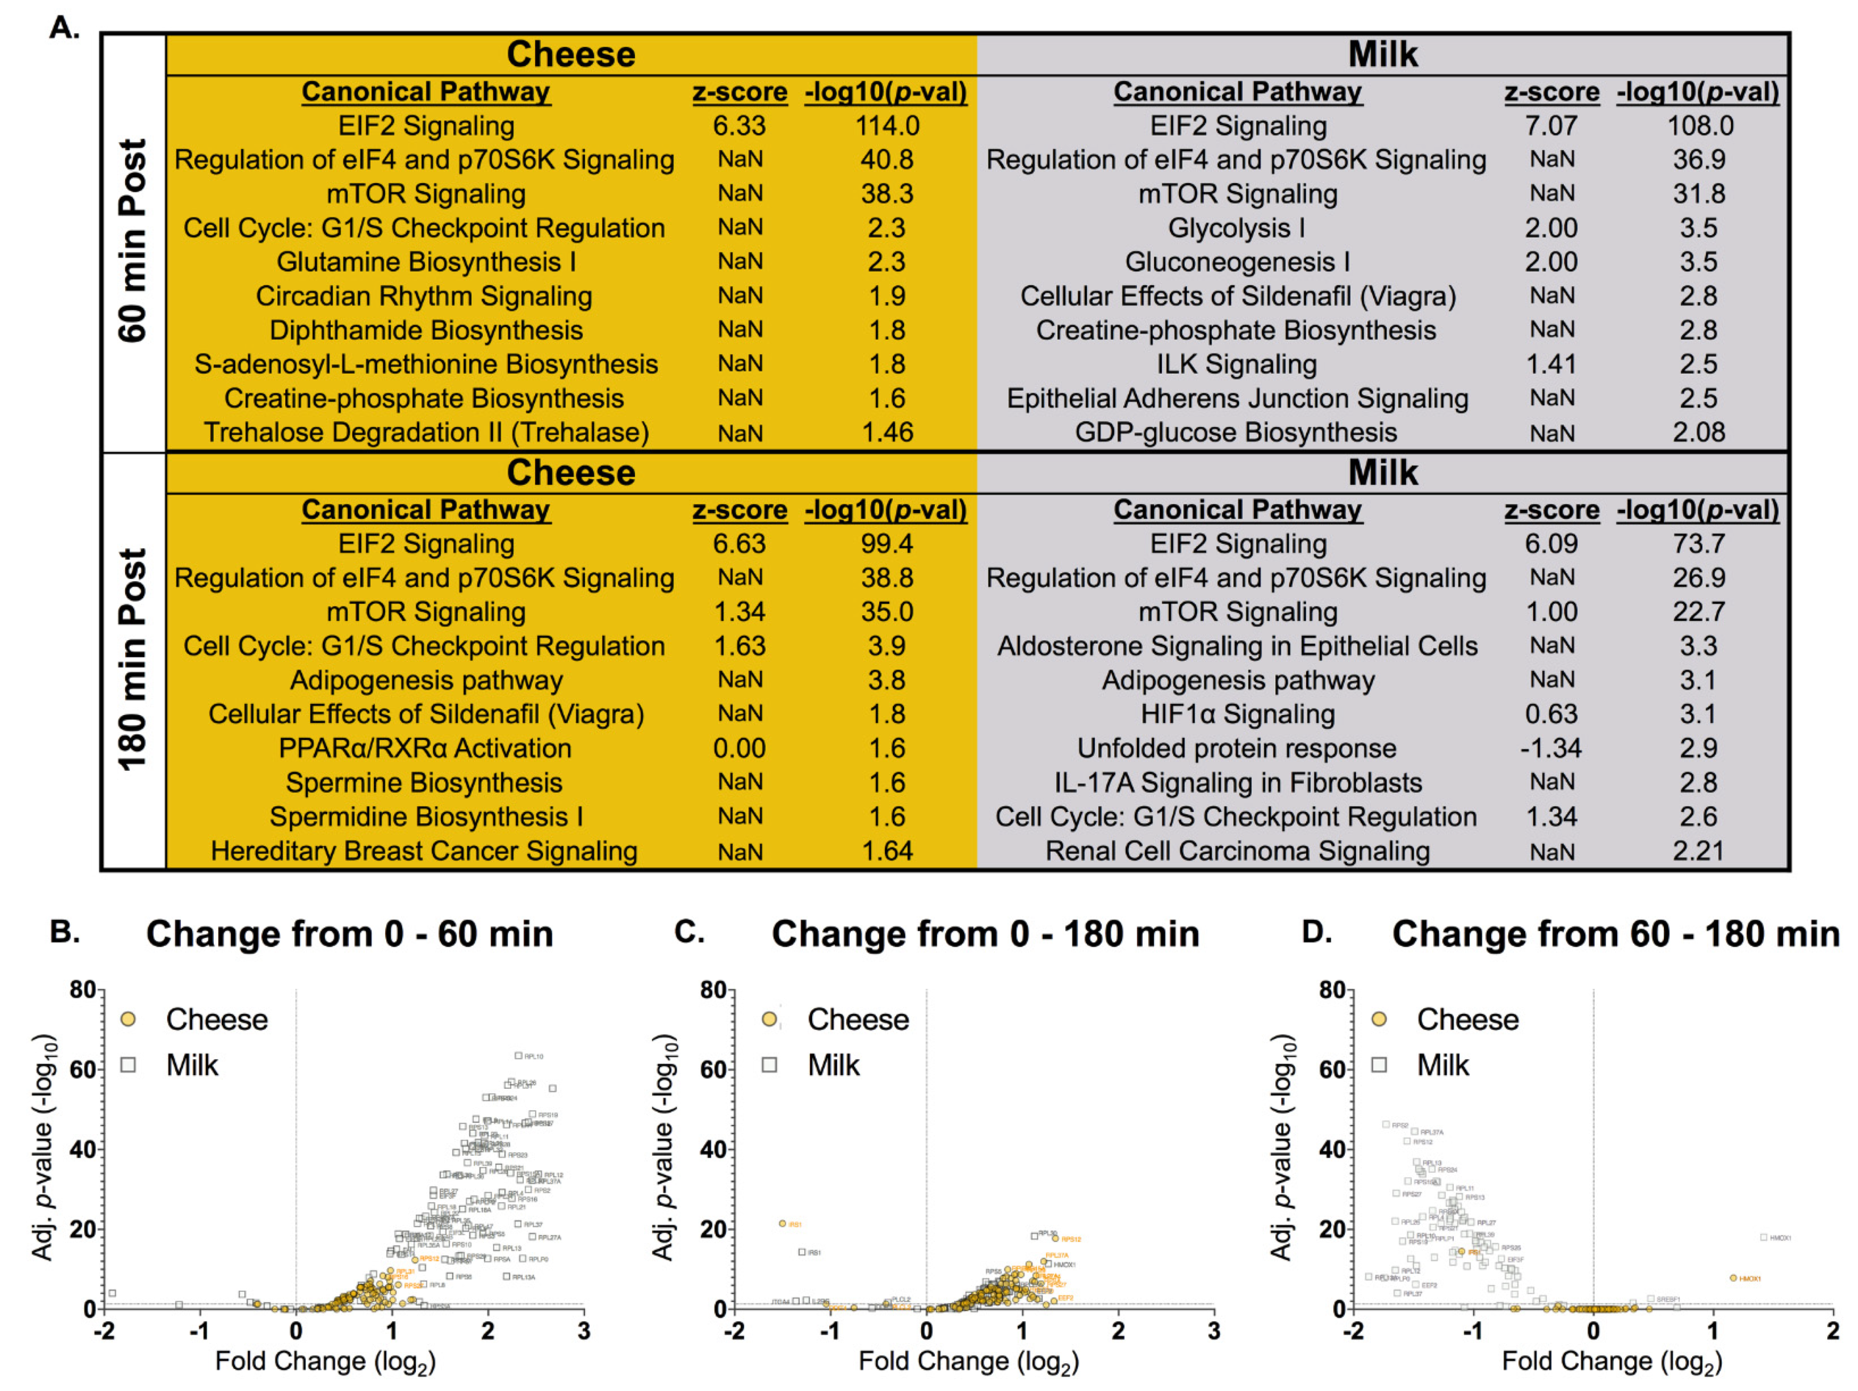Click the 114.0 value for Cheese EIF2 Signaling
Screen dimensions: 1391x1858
pyautogui.click(x=887, y=126)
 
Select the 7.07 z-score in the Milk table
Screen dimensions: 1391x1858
pyautogui.click(x=1551, y=126)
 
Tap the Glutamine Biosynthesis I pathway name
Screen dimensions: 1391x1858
pyautogui.click(x=426, y=262)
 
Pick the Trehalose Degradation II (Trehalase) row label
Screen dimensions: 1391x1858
pyautogui.click(x=426, y=432)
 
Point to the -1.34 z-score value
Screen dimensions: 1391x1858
pyautogui.click(x=1551, y=748)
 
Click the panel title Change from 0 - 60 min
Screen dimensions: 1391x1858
pyautogui.click(x=349, y=934)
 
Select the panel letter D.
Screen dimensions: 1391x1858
pyautogui.click(x=1316, y=932)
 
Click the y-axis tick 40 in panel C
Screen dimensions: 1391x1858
pyautogui.click(x=713, y=1149)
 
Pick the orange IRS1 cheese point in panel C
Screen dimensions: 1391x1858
pyautogui.click(x=782, y=1224)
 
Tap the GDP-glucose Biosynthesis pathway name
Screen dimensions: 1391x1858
pyautogui.click(x=1236, y=432)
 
